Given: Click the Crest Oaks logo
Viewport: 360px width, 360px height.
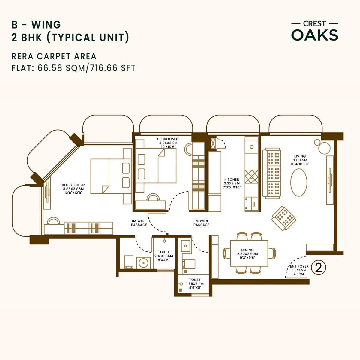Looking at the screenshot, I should click(315, 31).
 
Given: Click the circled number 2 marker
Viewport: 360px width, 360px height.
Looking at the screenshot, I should click(319, 268).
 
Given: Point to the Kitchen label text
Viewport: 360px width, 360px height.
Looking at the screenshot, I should click(232, 183).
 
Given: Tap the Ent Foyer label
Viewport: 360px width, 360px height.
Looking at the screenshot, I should click(298, 270).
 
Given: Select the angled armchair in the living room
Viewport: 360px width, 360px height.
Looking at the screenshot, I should click(284, 218).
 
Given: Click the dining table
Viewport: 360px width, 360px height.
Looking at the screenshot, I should click(249, 253).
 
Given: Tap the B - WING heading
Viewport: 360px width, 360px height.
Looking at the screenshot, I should click(36, 24).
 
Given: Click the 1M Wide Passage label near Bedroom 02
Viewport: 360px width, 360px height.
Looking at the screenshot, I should click(139, 223).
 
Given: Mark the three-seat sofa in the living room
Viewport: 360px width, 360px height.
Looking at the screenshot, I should click(272, 173).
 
